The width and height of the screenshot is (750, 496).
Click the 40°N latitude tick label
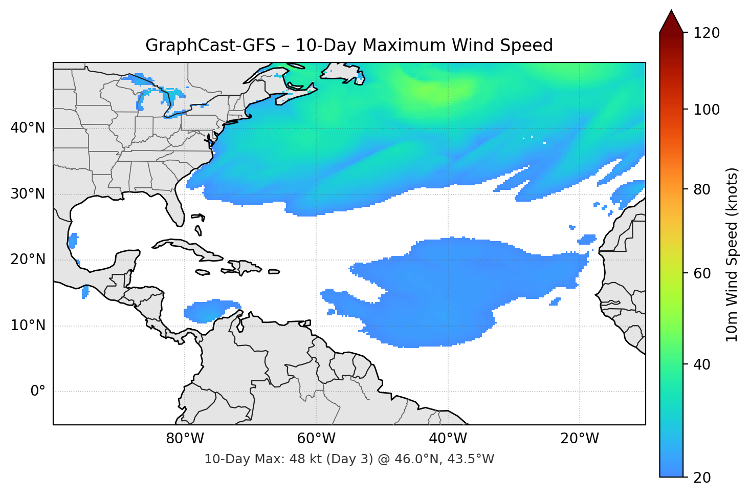tap(28, 128)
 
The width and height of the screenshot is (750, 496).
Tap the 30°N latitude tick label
tap(28, 194)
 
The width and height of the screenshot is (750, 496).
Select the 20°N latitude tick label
tap(28, 260)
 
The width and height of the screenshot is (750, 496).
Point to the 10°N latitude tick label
tap(28, 326)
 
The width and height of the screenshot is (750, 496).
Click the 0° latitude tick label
tap(38, 392)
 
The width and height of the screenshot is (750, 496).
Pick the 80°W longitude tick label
tap(185, 439)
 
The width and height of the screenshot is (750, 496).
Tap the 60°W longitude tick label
tap(316, 439)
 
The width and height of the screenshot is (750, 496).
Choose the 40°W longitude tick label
tap(448, 439)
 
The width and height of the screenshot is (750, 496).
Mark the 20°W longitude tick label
tap(580, 439)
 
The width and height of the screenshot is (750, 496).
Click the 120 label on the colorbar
tap(707, 33)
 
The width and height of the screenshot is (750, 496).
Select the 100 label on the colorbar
tap(707, 110)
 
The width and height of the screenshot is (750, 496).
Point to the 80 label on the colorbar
tap(702, 189)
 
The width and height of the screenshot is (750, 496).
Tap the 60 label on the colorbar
tap(702, 273)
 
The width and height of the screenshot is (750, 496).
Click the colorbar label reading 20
tap(702, 478)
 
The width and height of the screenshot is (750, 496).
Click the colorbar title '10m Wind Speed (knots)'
tap(732, 255)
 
